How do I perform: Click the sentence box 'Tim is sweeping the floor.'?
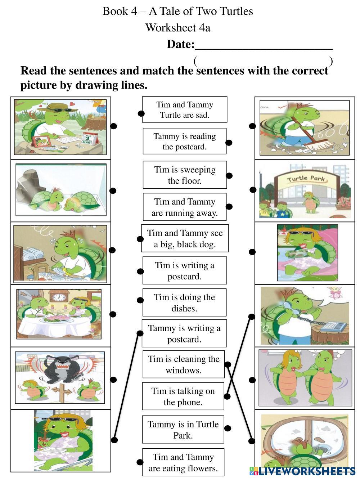click(185, 175)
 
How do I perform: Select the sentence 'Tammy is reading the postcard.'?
click(184, 141)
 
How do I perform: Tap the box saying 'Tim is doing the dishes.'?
click(184, 302)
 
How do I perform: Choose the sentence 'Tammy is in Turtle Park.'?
click(183, 430)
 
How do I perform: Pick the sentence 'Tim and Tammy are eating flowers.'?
click(183, 462)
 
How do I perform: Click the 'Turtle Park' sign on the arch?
click(306, 178)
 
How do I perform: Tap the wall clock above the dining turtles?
click(59, 297)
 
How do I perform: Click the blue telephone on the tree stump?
click(333, 327)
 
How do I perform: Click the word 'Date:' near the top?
click(181, 44)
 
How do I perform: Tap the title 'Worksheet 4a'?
click(178, 28)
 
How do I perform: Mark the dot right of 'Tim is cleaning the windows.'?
click(228, 364)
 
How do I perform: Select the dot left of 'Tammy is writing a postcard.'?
click(140, 333)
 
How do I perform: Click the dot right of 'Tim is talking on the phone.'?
click(227, 396)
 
